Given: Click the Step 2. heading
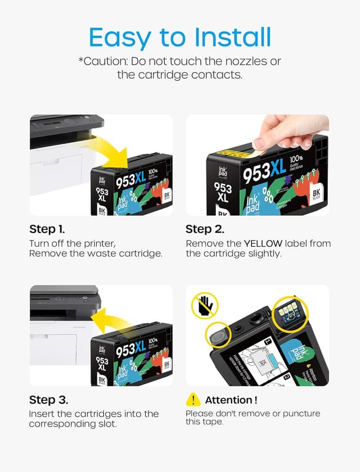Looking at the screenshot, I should [205, 229].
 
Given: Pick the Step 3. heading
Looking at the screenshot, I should [48, 400].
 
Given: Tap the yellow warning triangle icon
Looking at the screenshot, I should [193, 400].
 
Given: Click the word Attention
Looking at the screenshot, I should [231, 400].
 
